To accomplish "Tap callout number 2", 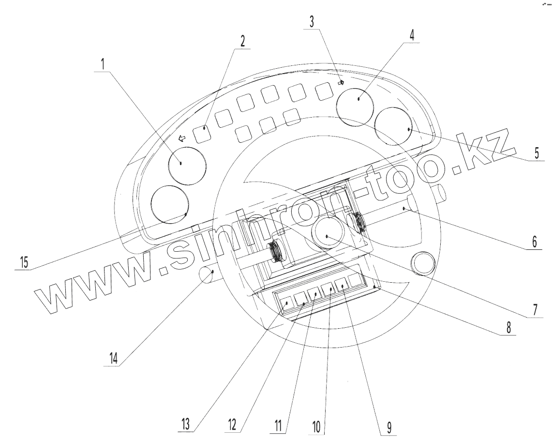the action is [x=242, y=41].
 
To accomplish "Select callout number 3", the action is [x=312, y=22].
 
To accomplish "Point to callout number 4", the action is [x=412, y=35].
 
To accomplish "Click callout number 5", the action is [x=537, y=153].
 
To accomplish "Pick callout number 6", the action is [x=535, y=242].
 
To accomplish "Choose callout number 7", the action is [x=535, y=310].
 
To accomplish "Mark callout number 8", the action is [x=508, y=328].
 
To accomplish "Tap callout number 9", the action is [x=389, y=427].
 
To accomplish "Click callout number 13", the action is [x=185, y=424].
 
